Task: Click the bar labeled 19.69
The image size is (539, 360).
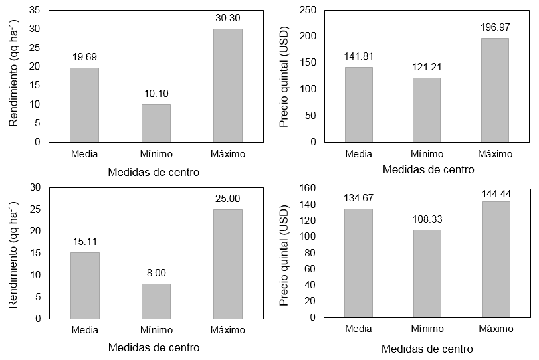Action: pyautogui.click(x=84, y=105)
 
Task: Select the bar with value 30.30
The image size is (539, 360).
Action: pyautogui.click(x=228, y=85)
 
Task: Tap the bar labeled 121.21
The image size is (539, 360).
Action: pyautogui.click(x=426, y=110)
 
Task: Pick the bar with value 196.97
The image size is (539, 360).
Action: pyautogui.click(x=494, y=90)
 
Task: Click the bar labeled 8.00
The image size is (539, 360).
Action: pyautogui.click(x=156, y=301)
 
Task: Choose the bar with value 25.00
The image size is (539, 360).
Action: pyautogui.click(x=228, y=264)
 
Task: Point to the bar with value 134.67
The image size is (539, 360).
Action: pyautogui.click(x=358, y=263)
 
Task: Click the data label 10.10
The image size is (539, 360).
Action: pyautogui.click(x=156, y=94)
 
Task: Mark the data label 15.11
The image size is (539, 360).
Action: pyautogui.click(x=84, y=242)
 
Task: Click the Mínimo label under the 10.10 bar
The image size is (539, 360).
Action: pyautogui.click(x=156, y=154)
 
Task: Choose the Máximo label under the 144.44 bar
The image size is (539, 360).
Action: pyautogui.click(x=495, y=329)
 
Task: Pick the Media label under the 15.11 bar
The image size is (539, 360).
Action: pyautogui.click(x=84, y=330)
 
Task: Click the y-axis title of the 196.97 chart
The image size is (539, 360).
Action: pyautogui.click(x=284, y=76)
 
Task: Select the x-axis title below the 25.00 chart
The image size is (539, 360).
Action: pyautogui.click(x=154, y=347)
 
